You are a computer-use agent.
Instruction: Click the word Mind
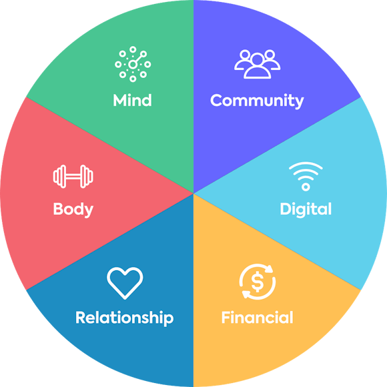(x=132, y=100)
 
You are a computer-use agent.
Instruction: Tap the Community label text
(x=257, y=101)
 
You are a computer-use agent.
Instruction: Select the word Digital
(x=306, y=210)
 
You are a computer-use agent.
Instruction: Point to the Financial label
(x=257, y=317)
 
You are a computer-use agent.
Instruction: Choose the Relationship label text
(x=124, y=318)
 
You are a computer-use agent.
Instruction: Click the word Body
(x=73, y=210)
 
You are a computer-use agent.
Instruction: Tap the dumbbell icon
(x=73, y=176)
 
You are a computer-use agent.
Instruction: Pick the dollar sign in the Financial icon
(x=258, y=282)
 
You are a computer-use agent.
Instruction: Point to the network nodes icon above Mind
(x=133, y=64)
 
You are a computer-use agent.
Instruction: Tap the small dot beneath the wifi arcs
(x=306, y=187)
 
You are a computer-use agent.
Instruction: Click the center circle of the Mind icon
(x=133, y=65)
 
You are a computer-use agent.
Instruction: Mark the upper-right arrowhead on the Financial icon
(x=270, y=269)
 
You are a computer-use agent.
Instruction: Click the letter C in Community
(x=217, y=100)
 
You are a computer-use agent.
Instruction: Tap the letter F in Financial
(x=226, y=317)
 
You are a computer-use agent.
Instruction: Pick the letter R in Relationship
(x=81, y=317)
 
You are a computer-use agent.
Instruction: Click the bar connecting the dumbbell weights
(x=73, y=176)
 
